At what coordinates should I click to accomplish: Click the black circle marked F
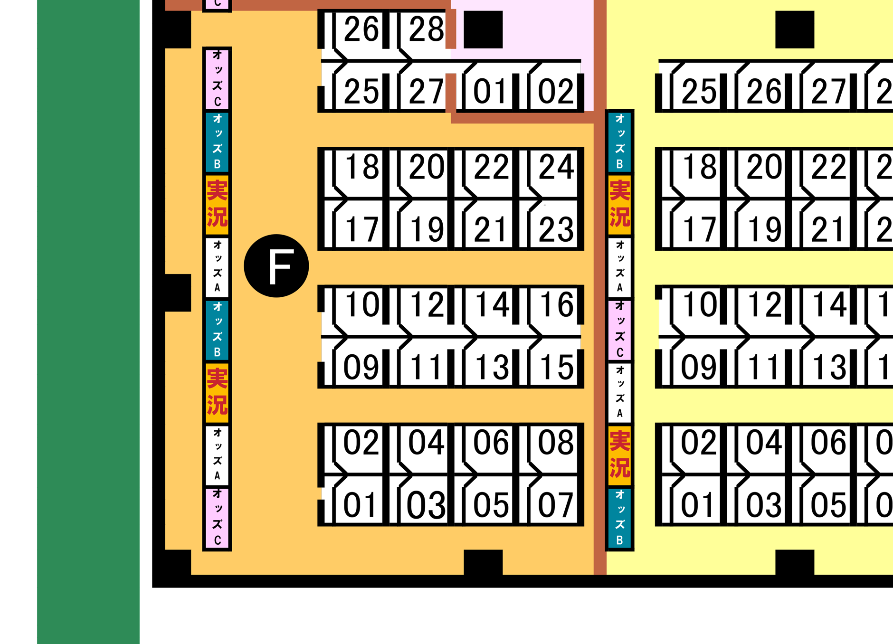tap(276, 266)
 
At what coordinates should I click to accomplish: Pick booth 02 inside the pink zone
tap(555, 91)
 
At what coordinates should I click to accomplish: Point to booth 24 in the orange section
tap(555, 167)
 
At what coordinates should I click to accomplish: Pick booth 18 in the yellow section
tap(699, 167)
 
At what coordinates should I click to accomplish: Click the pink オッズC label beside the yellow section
tap(620, 330)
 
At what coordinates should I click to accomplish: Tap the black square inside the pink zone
tap(483, 29)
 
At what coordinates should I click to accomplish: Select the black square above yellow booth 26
tap(795, 29)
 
